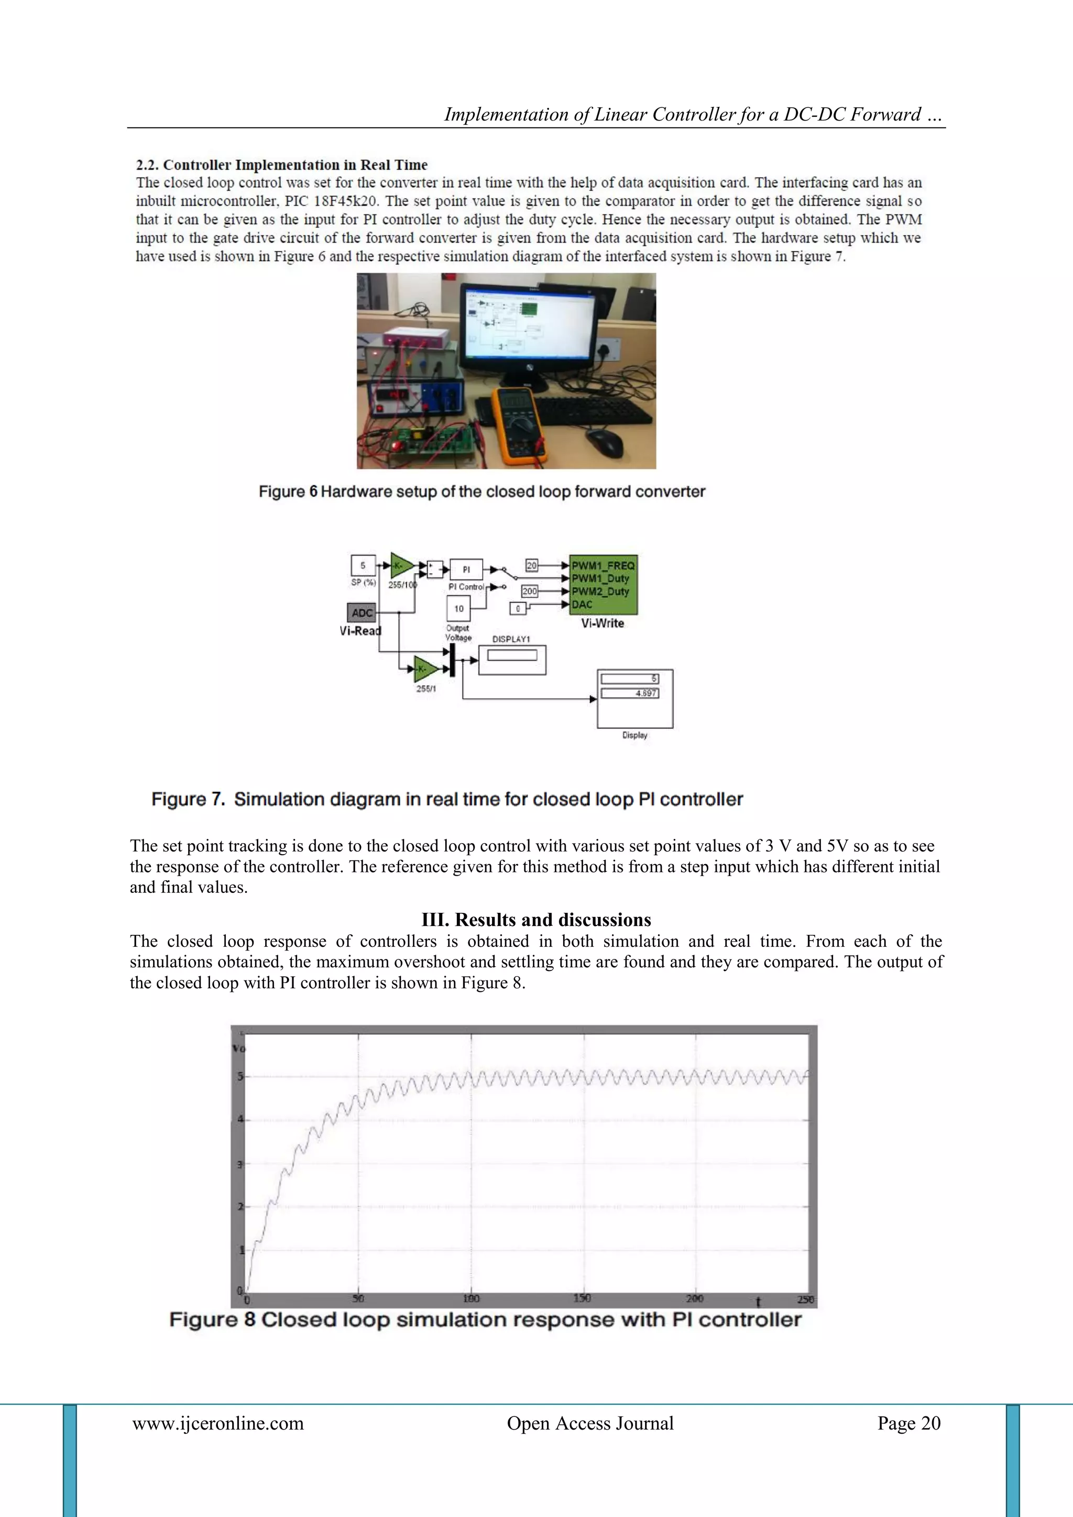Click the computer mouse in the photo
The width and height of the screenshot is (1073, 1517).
click(604, 441)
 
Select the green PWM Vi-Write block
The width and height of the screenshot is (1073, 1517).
click(603, 585)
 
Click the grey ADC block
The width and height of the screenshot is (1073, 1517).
click(362, 613)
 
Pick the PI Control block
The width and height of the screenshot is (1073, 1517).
click(466, 570)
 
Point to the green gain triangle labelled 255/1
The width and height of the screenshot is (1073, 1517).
click(425, 669)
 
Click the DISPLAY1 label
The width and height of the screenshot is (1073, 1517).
click(511, 639)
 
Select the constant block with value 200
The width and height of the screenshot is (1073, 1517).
click(529, 591)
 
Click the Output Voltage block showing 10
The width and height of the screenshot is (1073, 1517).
click(459, 608)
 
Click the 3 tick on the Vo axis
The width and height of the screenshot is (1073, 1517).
click(240, 1164)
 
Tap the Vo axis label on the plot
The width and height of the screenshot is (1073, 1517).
click(239, 1049)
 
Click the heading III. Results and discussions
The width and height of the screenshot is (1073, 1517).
click(536, 920)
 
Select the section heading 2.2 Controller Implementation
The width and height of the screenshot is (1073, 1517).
click(281, 165)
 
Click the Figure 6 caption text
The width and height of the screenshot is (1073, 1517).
click(481, 492)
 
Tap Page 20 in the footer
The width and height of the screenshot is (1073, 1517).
click(908, 1423)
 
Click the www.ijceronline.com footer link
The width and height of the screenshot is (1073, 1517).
click(218, 1423)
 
